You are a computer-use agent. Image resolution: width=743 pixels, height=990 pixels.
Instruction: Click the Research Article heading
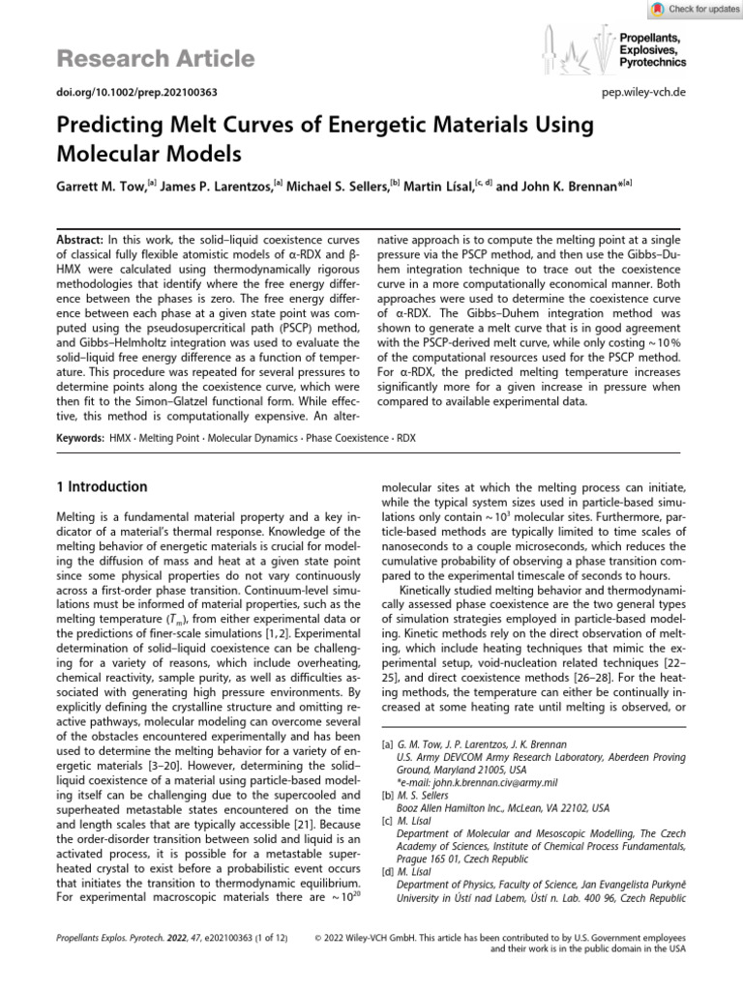[155, 59]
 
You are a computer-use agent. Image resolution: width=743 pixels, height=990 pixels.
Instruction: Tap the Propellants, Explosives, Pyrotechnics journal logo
[611, 48]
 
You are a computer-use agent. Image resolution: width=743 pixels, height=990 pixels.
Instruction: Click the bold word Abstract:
[80, 238]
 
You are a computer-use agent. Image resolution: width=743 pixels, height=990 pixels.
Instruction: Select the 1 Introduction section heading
[102, 486]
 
